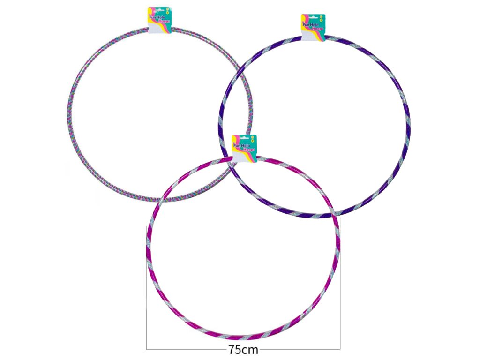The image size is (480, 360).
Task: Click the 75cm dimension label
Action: [243, 350]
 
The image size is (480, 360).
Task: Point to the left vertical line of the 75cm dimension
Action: [147, 291]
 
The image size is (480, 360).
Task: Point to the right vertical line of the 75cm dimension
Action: [340, 291]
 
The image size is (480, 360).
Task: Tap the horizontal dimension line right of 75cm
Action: [300, 349]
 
